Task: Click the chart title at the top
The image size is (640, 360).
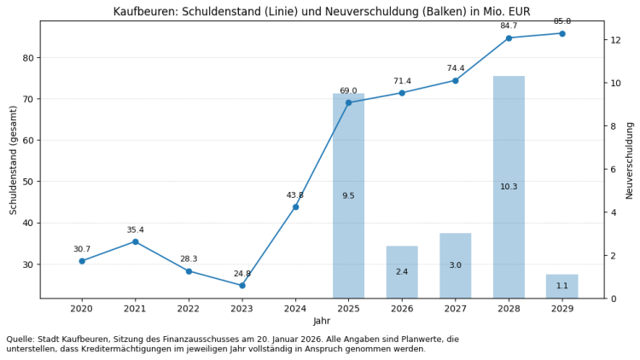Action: tap(322, 11)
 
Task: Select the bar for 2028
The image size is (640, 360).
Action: tap(509, 187)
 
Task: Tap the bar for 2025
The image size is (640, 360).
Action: tap(348, 195)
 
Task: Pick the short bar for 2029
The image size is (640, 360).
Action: tap(561, 287)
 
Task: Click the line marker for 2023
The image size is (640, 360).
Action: tap(241, 285)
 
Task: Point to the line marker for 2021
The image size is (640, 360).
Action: tap(135, 241)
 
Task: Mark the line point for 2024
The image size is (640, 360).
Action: tap(295, 206)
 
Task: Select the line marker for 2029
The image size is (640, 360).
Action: tap(561, 33)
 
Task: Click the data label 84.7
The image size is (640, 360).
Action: tap(509, 26)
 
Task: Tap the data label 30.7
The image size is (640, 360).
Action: tap(82, 249)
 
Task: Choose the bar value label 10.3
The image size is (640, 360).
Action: tap(509, 187)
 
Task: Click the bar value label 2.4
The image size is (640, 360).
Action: tap(402, 272)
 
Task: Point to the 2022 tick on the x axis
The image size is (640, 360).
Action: tap(189, 308)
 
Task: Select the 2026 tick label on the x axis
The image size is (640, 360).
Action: tap(402, 308)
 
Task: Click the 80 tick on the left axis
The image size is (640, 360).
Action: tap(28, 58)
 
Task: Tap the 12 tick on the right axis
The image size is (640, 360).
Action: tap(615, 40)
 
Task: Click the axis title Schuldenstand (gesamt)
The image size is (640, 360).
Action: tap(14, 160)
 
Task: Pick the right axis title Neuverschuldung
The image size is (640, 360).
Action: tap(629, 160)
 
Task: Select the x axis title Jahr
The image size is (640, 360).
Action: tap(322, 321)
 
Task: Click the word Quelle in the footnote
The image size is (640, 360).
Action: tap(20, 340)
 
